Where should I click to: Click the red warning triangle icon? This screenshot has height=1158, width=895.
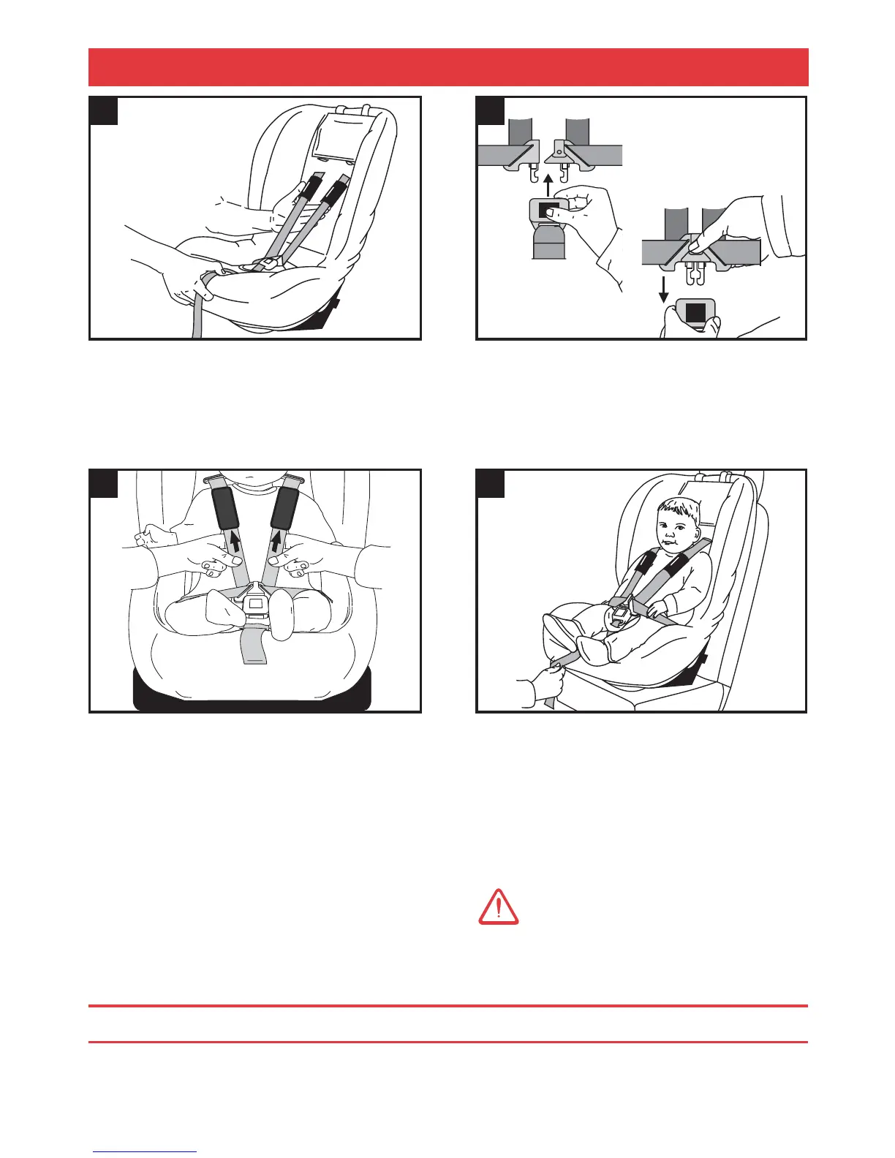(x=498, y=907)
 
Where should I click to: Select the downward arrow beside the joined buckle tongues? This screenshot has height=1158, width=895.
(x=664, y=287)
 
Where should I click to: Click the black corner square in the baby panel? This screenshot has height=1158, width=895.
(x=490, y=483)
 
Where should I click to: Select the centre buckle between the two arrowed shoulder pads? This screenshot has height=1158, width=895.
(x=256, y=605)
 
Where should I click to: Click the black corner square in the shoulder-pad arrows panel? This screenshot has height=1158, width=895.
(x=103, y=483)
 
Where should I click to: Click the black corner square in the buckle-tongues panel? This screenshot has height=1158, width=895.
(x=490, y=110)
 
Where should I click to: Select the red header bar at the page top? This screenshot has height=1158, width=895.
(x=447, y=67)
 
